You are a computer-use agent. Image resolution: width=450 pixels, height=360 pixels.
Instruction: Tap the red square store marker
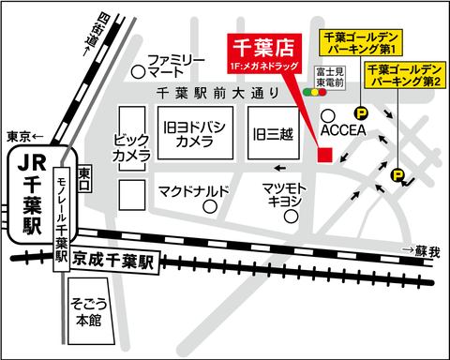(324, 155)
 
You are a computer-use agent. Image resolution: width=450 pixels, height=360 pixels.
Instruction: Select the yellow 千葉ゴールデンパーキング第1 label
(361, 42)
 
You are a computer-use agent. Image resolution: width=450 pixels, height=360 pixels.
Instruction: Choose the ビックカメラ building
(131, 146)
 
